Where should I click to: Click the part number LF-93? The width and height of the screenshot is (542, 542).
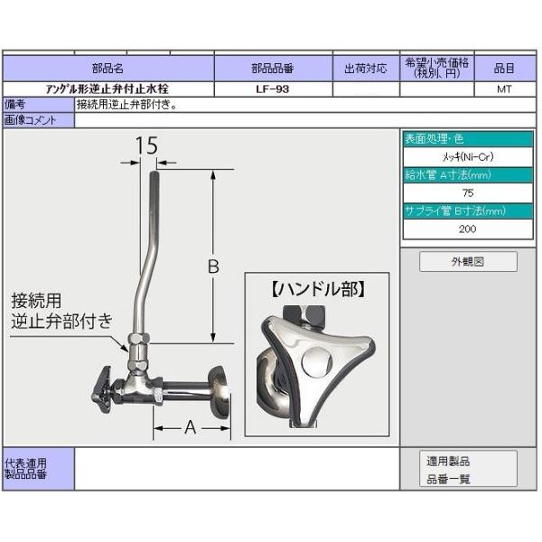click(273, 89)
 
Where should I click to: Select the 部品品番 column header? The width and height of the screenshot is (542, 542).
click(273, 68)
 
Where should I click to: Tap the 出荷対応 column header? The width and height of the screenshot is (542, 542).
click(366, 68)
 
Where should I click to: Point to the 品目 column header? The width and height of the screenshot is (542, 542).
click(503, 68)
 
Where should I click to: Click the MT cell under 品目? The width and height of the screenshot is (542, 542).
click(504, 89)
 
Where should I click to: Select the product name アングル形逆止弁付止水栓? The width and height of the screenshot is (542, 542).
click(107, 89)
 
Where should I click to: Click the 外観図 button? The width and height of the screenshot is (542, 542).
click(468, 262)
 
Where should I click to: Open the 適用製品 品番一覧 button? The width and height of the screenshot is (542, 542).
click(468, 470)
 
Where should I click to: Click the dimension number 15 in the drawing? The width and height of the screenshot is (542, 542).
click(146, 145)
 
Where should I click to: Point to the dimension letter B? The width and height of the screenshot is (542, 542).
click(214, 266)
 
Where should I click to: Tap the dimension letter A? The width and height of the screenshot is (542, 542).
click(190, 427)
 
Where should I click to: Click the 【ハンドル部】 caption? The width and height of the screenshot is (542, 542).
click(316, 290)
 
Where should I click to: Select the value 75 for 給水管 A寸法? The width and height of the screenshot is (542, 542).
click(467, 193)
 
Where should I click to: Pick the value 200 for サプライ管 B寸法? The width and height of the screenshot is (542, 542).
click(467, 229)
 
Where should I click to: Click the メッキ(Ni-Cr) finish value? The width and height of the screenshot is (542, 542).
click(467, 157)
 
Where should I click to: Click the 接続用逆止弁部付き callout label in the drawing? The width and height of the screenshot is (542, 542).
click(61, 310)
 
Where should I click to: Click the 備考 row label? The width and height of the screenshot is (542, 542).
click(14, 105)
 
